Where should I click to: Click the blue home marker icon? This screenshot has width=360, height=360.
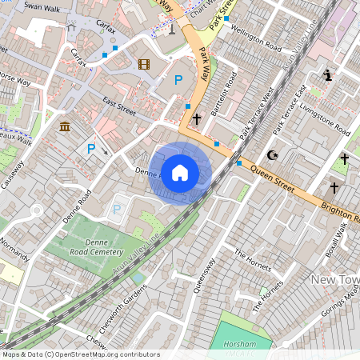[x=180, y=172]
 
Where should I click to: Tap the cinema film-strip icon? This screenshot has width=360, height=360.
[x=143, y=65]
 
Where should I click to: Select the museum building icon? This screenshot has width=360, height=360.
[x=64, y=127]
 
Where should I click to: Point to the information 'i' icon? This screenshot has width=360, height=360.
[x=327, y=76]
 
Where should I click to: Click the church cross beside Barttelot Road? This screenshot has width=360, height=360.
[x=196, y=118]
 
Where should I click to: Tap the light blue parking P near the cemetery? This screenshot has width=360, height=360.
[x=117, y=210]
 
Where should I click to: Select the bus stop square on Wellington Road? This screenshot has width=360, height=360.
[x=226, y=18]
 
